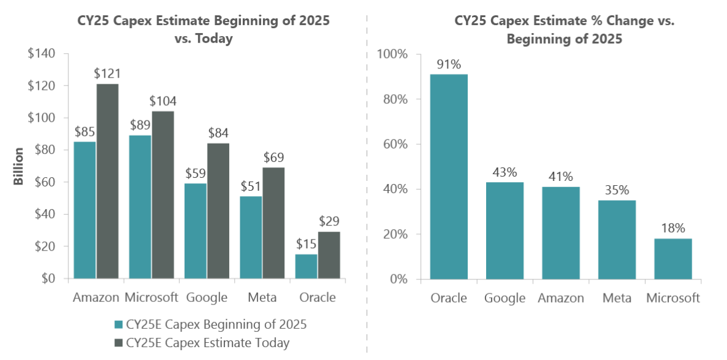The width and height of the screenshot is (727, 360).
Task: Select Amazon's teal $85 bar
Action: (84, 210)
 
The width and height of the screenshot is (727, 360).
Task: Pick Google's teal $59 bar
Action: (196, 231)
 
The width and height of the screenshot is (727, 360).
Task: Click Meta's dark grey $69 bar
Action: (273, 222)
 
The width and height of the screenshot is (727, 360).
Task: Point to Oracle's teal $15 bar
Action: (306, 266)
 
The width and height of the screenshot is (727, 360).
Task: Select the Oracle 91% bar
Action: (449, 177)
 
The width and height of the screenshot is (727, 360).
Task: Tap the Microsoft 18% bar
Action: (673, 259)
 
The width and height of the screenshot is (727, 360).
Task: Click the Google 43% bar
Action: (504, 230)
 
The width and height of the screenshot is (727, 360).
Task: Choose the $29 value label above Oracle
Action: (329, 221)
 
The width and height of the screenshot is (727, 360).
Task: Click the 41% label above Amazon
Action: (561, 177)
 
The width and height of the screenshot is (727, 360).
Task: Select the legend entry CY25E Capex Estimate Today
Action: (207, 343)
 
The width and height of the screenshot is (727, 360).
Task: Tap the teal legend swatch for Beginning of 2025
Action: (118, 325)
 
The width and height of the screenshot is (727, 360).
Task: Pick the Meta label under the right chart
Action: (616, 298)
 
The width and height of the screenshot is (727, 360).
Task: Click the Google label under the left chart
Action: (207, 298)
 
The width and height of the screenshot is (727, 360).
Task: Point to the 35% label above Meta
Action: (616, 190)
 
